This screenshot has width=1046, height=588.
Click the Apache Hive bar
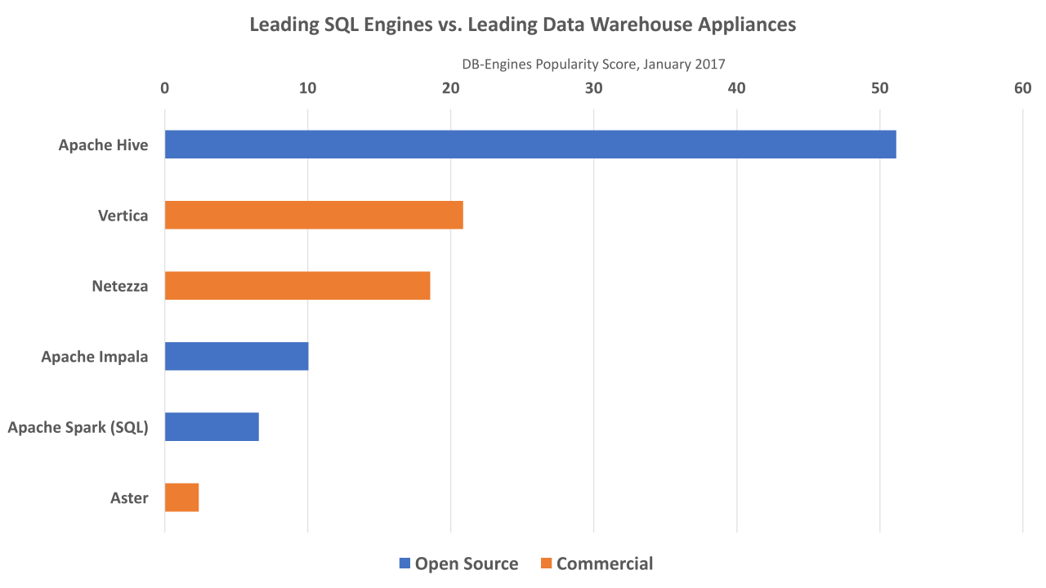click(530, 145)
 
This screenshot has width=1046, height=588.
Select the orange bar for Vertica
click(314, 216)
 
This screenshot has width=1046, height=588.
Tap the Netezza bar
click(297, 286)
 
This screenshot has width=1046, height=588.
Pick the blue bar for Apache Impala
click(236, 357)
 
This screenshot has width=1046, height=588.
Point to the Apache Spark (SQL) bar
click(212, 427)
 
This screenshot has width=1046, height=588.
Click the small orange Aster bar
click(181, 497)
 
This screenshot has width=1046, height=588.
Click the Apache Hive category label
click(103, 145)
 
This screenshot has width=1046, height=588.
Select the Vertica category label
click(123, 216)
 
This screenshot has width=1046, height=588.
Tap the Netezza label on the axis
click(119, 287)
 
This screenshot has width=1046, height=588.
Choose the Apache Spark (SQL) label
click(78, 427)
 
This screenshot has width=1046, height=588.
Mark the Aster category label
click(129, 498)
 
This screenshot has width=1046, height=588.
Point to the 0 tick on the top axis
click(165, 89)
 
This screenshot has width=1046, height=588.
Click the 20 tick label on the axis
click(450, 89)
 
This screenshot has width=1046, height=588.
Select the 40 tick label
click(736, 89)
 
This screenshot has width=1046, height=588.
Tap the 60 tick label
click(1022, 89)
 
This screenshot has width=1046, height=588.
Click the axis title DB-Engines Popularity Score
click(593, 64)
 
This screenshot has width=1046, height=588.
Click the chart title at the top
click(522, 24)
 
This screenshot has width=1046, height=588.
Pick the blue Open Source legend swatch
click(405, 563)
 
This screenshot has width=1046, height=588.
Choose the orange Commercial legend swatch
click(547, 563)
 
